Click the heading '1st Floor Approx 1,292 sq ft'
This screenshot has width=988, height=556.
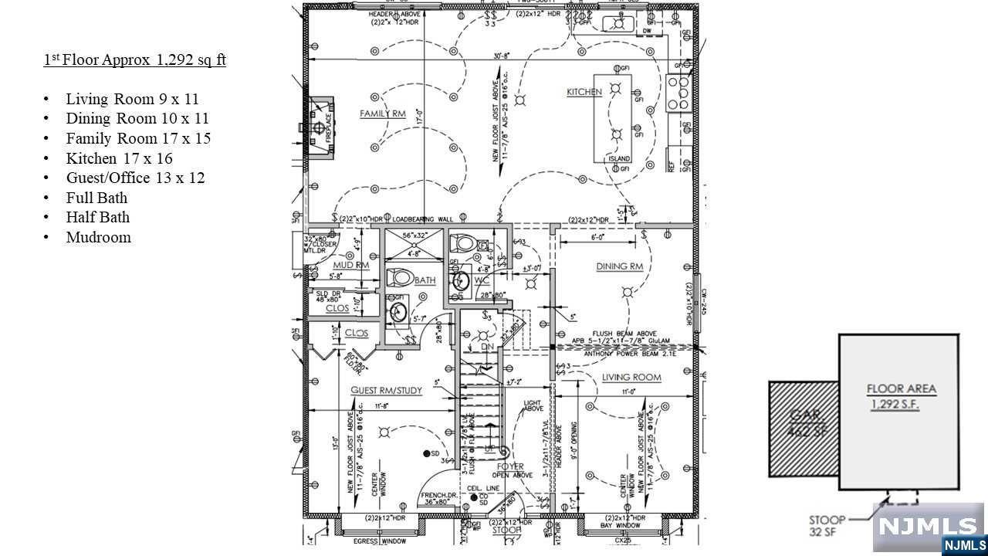tap(134, 60)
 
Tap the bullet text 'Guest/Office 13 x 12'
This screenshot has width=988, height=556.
tap(135, 178)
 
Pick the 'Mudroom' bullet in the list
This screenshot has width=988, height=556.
tap(98, 237)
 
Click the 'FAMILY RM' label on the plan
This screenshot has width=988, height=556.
tap(382, 114)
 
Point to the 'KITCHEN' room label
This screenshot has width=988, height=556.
tap(584, 92)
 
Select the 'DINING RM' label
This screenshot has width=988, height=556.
tap(619, 266)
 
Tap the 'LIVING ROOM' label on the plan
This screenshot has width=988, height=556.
tap(631, 377)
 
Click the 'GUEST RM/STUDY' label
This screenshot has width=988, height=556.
tap(386, 390)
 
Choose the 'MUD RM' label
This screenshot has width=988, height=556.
tap(351, 266)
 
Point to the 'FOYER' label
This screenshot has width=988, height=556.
tap(510, 467)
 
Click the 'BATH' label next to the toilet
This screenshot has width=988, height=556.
tap(425, 280)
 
